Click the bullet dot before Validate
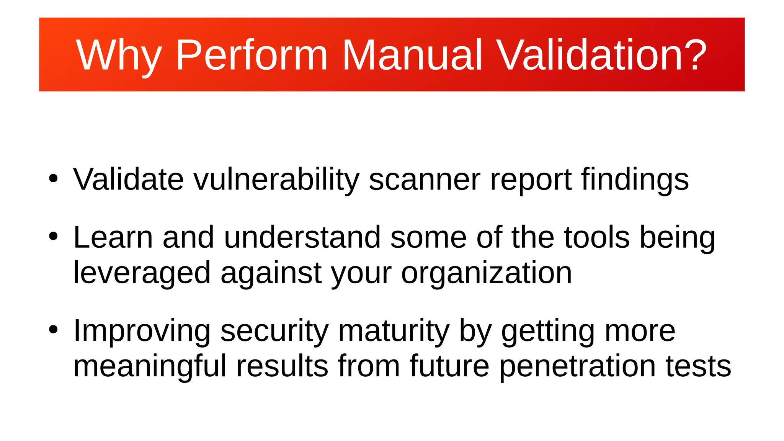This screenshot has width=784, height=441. click(53, 179)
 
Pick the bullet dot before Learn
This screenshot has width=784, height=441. click(53, 237)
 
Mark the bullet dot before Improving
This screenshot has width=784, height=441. click(53, 330)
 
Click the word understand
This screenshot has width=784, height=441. click(302, 237)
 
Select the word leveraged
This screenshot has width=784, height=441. click(142, 273)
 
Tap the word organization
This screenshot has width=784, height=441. click(486, 273)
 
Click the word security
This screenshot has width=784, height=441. click(274, 330)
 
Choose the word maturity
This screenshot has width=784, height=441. click(394, 330)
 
